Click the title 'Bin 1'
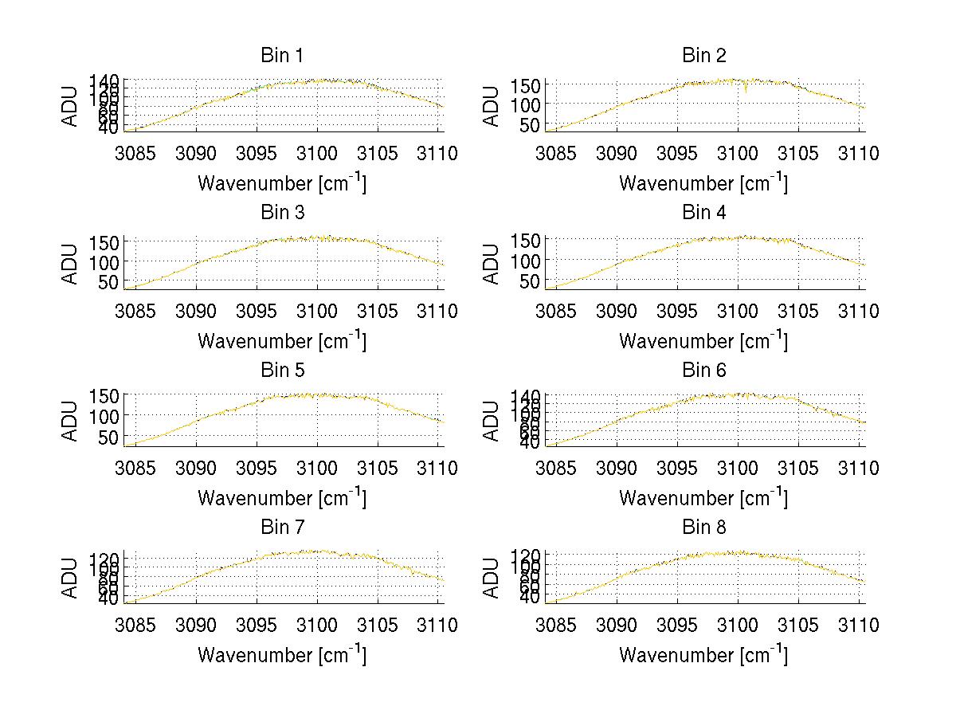[x=282, y=55]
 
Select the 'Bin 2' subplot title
[x=703, y=55]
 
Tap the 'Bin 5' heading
[x=282, y=370]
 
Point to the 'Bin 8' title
[x=703, y=527]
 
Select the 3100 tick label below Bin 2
[x=738, y=153]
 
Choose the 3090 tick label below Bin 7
[x=197, y=626]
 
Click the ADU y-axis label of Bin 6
[x=492, y=420]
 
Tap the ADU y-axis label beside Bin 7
[x=71, y=577]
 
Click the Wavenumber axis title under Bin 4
[x=703, y=341]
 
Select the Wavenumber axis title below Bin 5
[x=282, y=498]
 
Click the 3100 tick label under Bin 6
[x=738, y=468]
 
